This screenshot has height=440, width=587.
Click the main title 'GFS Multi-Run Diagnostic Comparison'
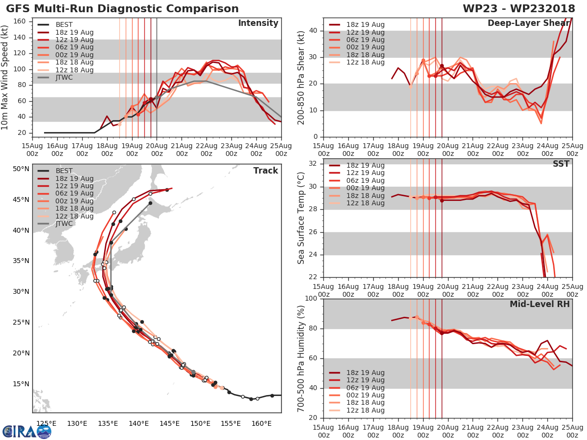coord(122,9)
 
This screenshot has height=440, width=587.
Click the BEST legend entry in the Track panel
coord(64,171)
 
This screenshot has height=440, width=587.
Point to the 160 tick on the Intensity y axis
coord(33,22)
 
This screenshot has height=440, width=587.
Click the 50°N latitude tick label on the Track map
coord(21,169)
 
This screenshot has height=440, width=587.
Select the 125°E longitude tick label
coord(45,423)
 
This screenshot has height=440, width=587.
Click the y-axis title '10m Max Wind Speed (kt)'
coord(5,78)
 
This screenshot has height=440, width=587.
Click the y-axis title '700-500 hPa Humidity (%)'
coord(301,358)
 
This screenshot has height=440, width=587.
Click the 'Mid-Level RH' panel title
coord(540,304)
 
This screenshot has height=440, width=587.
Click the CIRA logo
coord(26,431)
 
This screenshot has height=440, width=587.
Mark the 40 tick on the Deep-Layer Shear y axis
coord(314,31)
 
